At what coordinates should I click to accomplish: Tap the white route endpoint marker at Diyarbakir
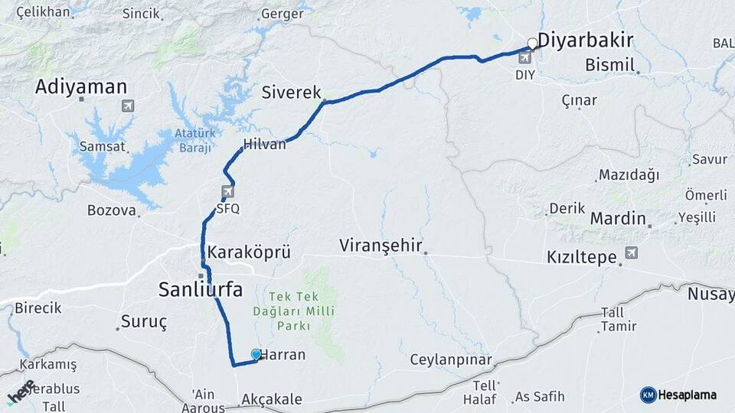point(532,44)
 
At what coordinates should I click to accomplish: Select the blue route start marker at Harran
point(256,354)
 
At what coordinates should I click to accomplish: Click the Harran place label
point(283,355)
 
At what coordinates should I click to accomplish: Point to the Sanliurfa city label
point(200,289)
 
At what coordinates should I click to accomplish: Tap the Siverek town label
point(291,93)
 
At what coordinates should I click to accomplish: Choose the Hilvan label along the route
point(264,144)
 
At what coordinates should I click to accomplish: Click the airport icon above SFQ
point(227,191)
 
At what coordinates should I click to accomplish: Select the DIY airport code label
point(525,75)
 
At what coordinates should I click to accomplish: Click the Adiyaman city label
point(81,87)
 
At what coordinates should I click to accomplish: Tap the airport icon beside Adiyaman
point(126,105)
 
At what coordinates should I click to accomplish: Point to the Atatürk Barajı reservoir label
point(192,141)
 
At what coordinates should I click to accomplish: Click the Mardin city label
point(618,219)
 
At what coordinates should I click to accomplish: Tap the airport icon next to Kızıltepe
point(631,252)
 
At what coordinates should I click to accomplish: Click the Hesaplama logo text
point(688,395)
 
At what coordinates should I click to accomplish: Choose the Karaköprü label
point(247,252)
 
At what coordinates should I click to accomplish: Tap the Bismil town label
point(609,66)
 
